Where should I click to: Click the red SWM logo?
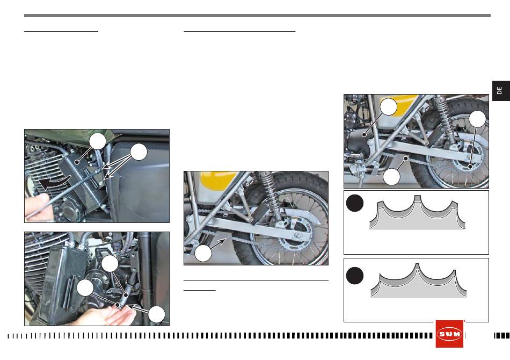[449, 334]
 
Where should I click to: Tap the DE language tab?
[501, 91]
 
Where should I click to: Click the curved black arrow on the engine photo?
[54, 182]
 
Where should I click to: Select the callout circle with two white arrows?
[139, 152]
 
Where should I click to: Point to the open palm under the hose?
[107, 314]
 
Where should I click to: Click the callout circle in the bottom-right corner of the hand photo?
[157, 314]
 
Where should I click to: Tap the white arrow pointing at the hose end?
[136, 307]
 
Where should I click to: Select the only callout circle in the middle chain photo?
[203, 253]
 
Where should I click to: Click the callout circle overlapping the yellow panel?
[389, 106]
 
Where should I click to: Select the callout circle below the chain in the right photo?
[391, 177]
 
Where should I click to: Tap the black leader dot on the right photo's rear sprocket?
[470, 167]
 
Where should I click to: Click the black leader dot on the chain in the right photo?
[406, 158]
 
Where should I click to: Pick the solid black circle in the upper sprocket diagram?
[354, 203]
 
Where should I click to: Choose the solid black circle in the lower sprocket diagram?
[354, 276]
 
